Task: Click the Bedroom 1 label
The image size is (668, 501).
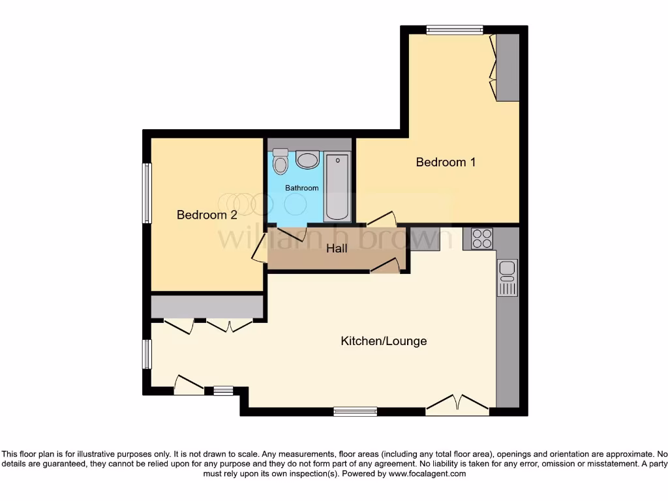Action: coord(446,162)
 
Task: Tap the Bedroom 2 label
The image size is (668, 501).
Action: coord(207,215)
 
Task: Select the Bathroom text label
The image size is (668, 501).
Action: coord(302,188)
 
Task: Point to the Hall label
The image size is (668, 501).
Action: coord(337,249)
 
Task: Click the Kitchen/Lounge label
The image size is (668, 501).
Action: coord(384,341)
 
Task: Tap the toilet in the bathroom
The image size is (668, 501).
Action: coord(281,162)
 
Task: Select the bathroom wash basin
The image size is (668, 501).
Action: coord(307,160)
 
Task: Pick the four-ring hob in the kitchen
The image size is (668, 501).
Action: coord(482,239)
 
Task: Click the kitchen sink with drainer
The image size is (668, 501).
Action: coord(507,277)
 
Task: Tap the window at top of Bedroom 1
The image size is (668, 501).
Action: coord(455,29)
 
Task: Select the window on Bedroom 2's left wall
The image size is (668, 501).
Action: coord(147,193)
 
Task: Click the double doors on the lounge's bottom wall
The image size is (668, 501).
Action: coord(457,406)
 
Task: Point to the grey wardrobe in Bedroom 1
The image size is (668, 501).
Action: coord(508,67)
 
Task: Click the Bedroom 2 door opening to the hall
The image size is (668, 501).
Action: coord(259,249)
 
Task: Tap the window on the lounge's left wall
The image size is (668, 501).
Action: coord(147,354)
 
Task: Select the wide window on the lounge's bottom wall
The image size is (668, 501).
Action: coord(356,411)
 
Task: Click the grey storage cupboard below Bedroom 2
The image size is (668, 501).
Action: coord(207,307)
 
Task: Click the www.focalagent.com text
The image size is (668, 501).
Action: coord(427,474)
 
